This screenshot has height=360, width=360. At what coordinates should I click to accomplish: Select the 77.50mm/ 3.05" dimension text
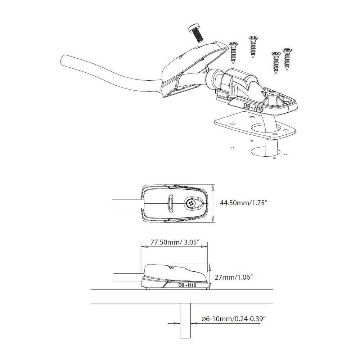(174, 242)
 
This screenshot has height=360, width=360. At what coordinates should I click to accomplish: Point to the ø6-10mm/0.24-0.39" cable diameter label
(234, 319)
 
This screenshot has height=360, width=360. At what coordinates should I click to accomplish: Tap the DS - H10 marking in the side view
(187, 285)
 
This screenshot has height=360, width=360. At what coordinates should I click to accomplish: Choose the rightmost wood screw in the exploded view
(287, 58)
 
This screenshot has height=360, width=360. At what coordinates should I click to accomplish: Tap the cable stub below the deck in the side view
(185, 320)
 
